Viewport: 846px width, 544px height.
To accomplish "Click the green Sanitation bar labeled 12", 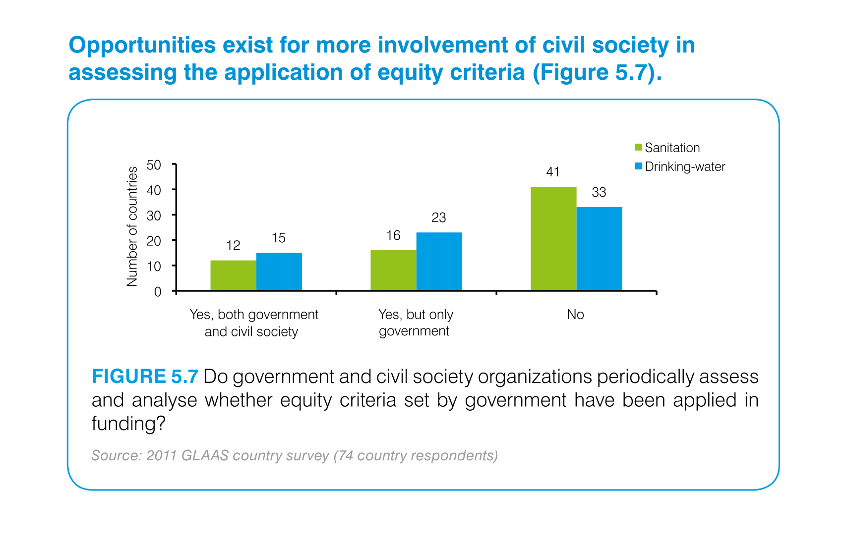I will click(x=233, y=275).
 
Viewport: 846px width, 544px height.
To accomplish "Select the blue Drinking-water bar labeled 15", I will click(x=279, y=272).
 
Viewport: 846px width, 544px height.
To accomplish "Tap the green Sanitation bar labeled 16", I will click(x=393, y=270).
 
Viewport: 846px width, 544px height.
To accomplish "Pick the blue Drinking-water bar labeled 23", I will click(x=439, y=261).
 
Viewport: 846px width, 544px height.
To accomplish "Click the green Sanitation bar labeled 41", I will click(x=553, y=238).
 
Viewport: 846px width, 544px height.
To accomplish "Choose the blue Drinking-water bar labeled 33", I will click(x=599, y=248).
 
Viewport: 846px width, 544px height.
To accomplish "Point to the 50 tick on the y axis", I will click(x=154, y=164).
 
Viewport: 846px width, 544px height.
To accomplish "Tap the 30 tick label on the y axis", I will click(x=154, y=216).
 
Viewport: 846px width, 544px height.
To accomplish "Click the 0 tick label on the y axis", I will click(x=158, y=292).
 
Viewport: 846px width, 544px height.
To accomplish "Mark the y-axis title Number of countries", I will click(x=132, y=226).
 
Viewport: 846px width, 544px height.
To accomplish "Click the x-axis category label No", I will click(x=575, y=315).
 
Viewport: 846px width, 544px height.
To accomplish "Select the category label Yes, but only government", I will click(x=416, y=323).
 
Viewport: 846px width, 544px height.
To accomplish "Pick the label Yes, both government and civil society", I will click(x=253, y=323).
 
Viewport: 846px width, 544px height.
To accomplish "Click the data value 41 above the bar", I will click(x=553, y=172).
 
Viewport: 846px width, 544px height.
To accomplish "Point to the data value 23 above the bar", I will click(x=439, y=218).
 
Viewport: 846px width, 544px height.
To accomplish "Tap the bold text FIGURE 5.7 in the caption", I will click(x=145, y=377).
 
